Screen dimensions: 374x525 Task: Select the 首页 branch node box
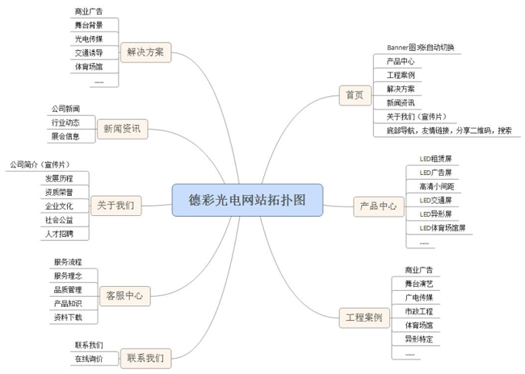(x=354, y=95)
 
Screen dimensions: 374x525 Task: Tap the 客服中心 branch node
(x=124, y=296)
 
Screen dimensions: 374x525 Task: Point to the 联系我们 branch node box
(x=145, y=357)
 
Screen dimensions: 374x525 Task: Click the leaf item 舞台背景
(x=88, y=27)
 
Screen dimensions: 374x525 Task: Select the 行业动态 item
(x=65, y=123)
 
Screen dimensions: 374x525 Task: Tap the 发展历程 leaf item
(x=59, y=178)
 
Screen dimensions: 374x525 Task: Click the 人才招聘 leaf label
(x=59, y=233)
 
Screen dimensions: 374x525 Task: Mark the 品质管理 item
(x=67, y=289)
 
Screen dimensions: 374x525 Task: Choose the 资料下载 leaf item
(x=67, y=317)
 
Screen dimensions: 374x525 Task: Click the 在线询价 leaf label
(x=88, y=358)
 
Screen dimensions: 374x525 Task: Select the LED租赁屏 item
(x=435, y=158)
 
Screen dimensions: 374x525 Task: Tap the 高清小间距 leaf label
(x=436, y=186)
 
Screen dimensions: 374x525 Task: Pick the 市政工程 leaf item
(x=419, y=310)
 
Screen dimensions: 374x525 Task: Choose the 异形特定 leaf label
(x=419, y=339)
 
